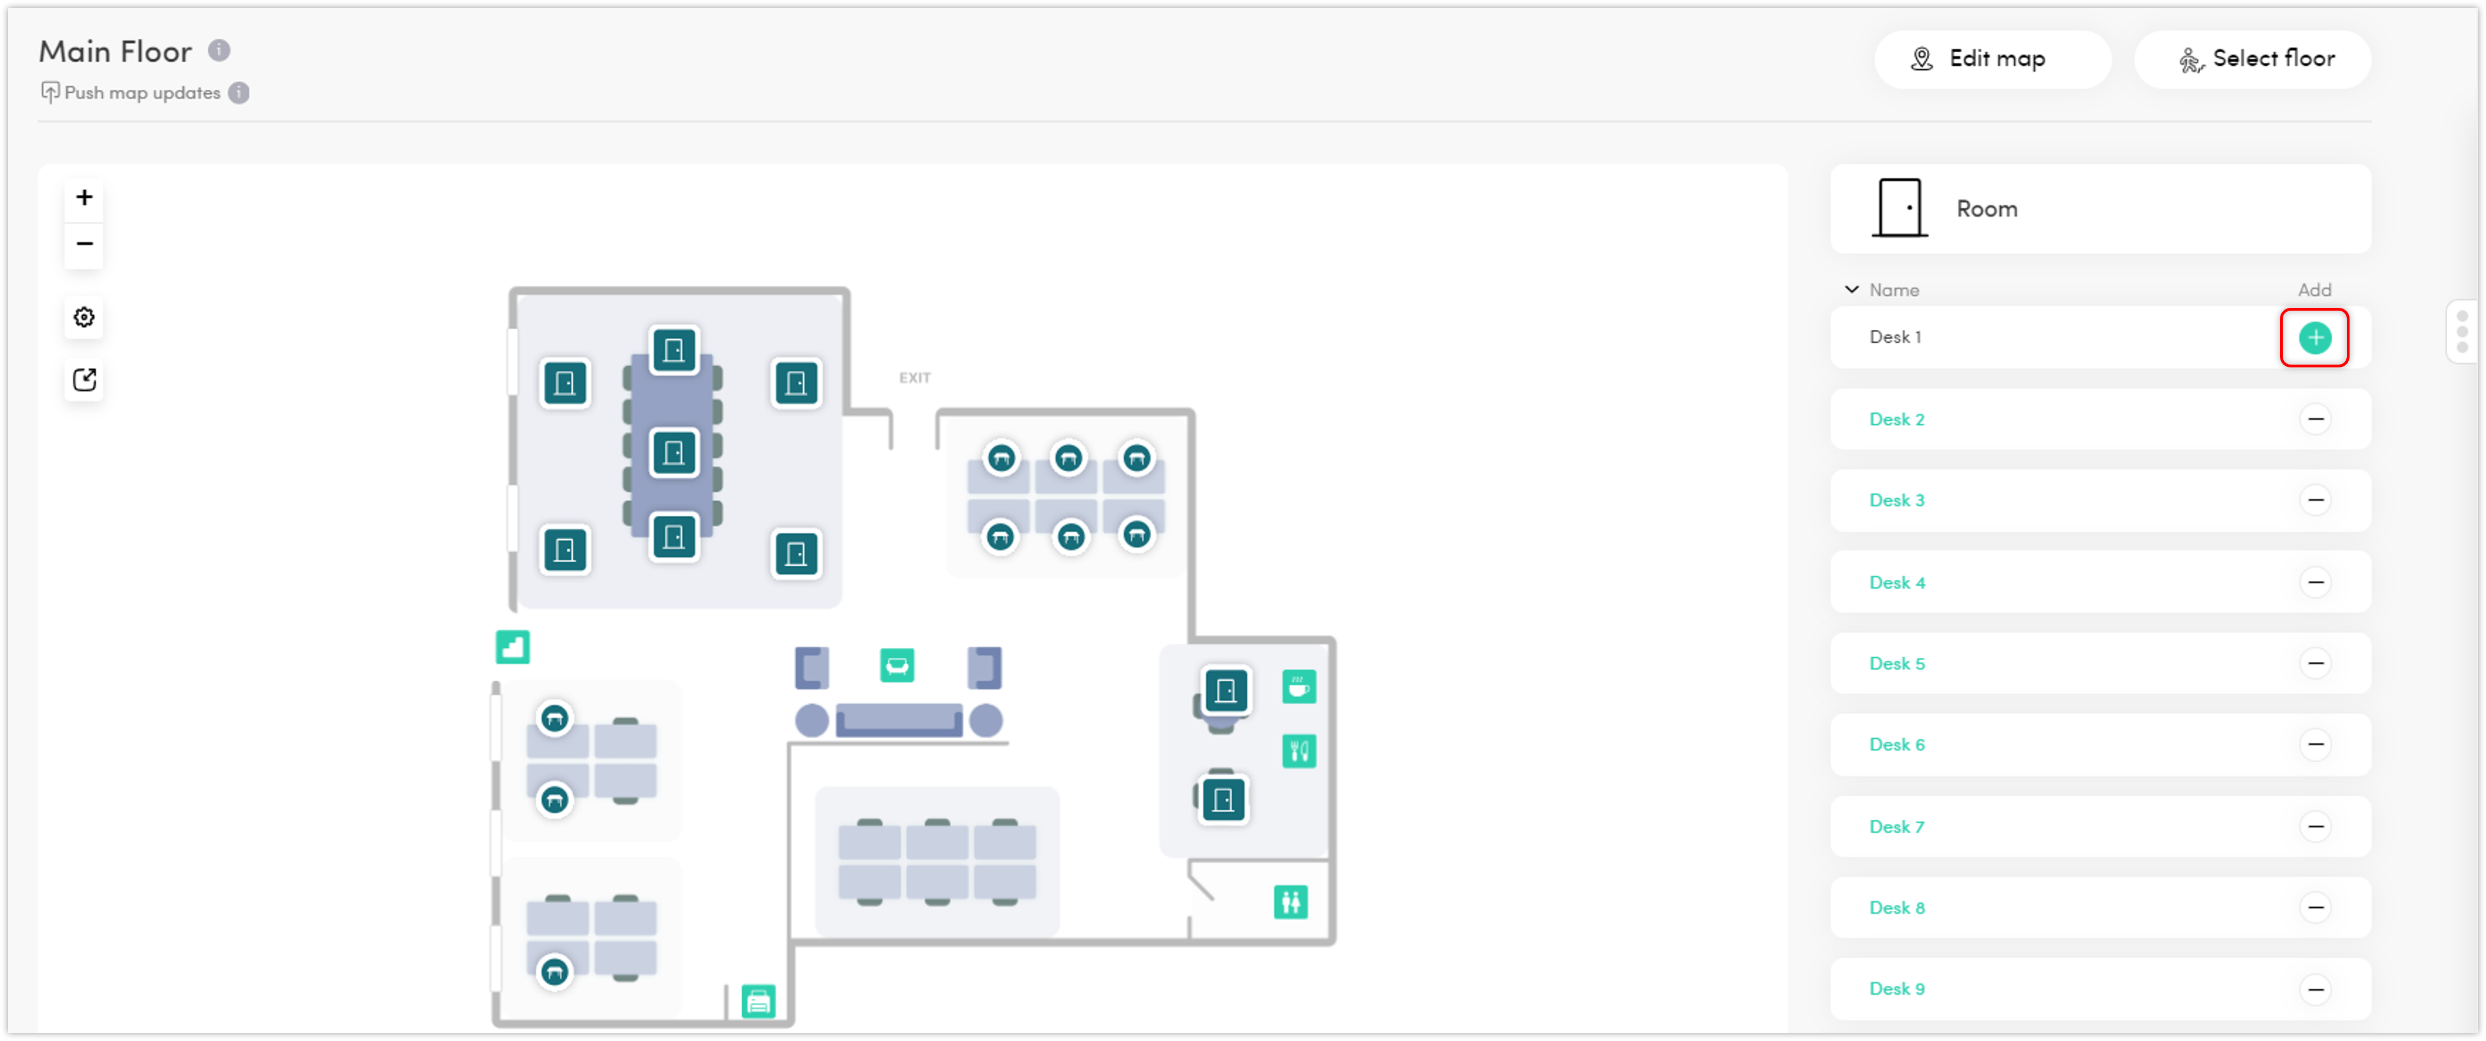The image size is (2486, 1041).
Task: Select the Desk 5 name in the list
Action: tap(1897, 663)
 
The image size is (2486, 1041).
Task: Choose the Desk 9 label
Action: tap(1897, 989)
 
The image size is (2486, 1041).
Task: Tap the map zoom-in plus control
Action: tap(85, 198)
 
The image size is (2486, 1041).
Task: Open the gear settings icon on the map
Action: tap(85, 318)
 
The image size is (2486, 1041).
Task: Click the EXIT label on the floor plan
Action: tap(914, 378)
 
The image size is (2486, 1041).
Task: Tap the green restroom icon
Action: tap(1290, 902)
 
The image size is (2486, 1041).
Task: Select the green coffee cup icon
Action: tap(1299, 687)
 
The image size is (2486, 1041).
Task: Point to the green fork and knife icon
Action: tap(1299, 751)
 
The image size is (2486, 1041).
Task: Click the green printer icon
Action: tap(758, 1002)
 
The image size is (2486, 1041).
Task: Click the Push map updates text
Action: tap(142, 93)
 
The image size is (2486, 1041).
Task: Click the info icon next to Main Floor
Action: tap(219, 50)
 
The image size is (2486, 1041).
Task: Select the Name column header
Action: tap(1894, 290)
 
